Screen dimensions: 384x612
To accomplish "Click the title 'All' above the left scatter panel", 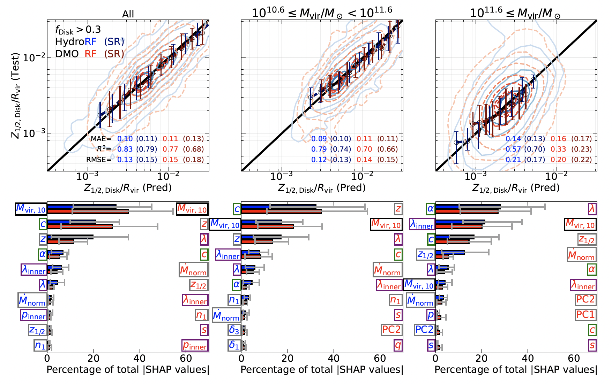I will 128,14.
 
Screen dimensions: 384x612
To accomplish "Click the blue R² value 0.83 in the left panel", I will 125,149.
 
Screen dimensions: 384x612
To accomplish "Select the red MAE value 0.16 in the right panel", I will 558,139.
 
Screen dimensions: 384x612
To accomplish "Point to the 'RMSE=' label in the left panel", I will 99,160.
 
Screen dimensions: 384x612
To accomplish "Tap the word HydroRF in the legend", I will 76,42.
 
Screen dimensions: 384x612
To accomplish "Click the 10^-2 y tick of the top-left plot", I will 33,57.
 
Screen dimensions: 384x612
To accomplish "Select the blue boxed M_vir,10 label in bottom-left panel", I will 31,209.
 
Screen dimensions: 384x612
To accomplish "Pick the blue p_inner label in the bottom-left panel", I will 33,316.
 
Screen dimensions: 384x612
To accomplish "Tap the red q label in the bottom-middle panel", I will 398,345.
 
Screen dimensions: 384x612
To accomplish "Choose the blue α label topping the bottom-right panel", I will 431,209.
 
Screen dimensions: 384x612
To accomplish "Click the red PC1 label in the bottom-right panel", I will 585,315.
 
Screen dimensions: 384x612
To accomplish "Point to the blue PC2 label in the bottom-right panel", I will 424,330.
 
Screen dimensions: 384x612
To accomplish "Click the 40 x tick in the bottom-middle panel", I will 334,358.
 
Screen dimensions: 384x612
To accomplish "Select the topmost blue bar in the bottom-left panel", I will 82,207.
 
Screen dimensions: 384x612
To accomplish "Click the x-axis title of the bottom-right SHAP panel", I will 516,369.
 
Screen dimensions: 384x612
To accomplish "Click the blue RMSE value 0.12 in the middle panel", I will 319,160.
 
